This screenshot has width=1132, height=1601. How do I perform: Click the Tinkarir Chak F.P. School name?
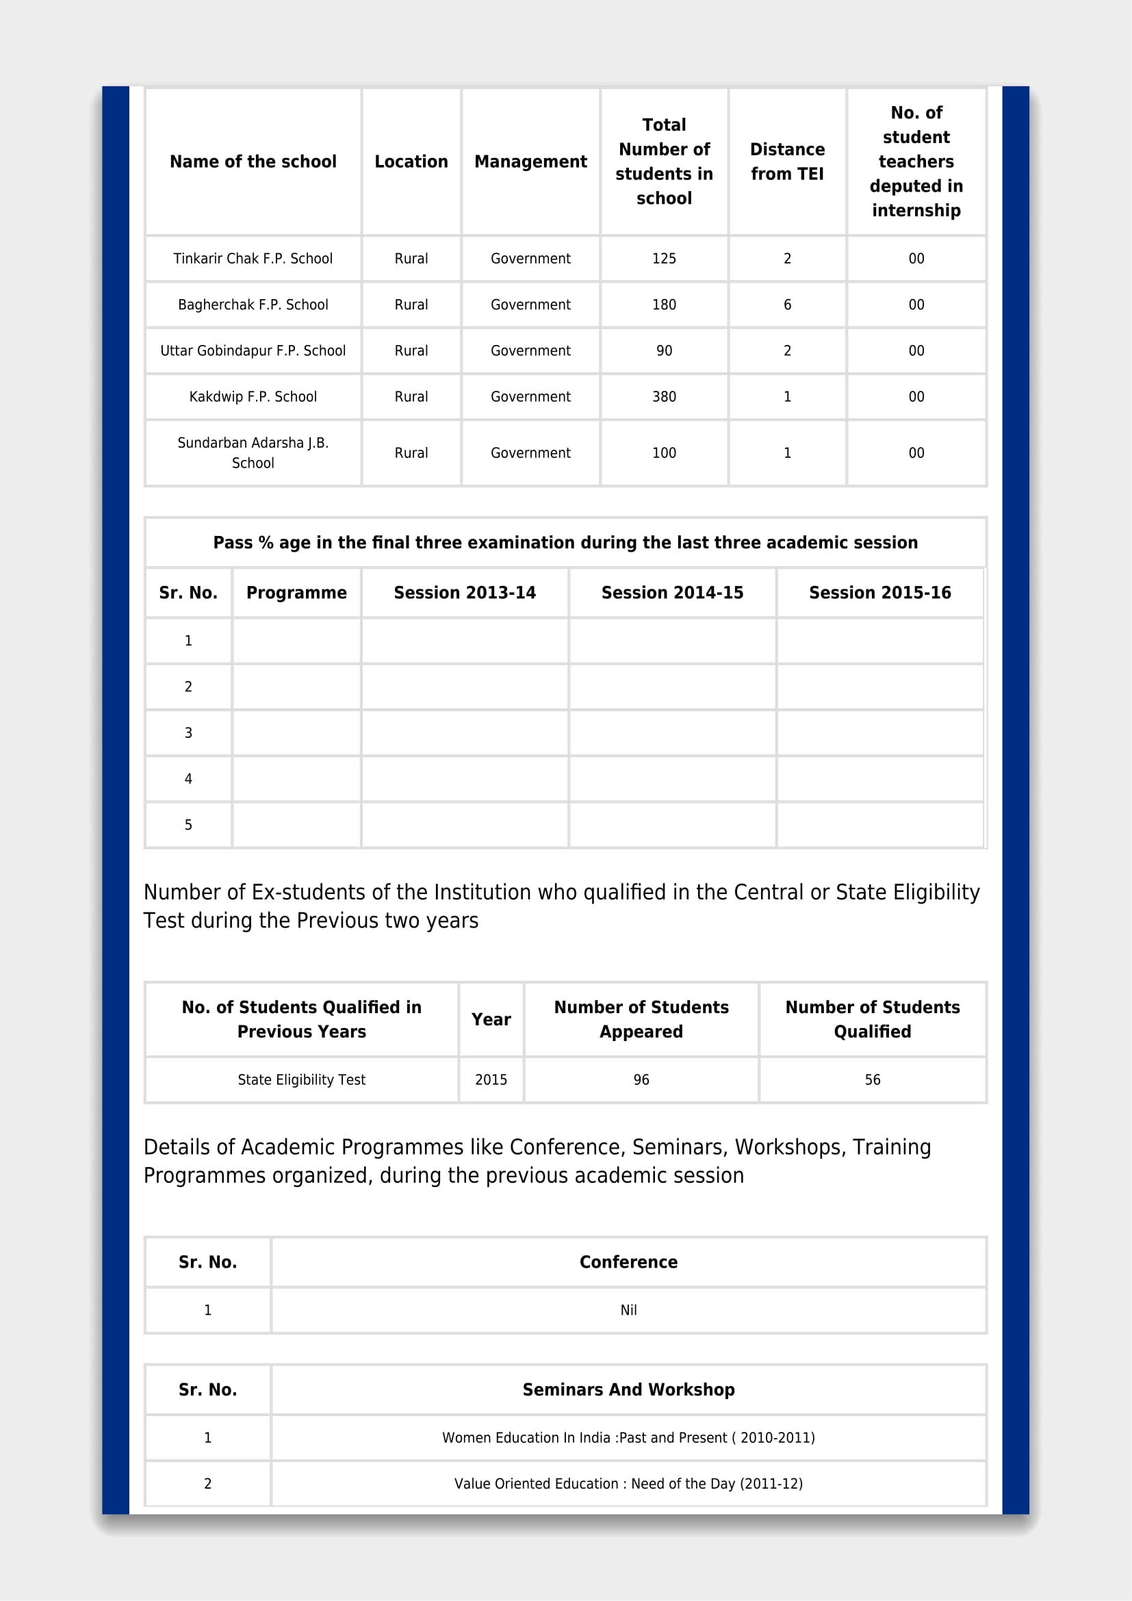coord(253,259)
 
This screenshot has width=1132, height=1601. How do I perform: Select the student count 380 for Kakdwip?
coord(664,397)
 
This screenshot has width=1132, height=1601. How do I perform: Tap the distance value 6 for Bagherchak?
coord(787,305)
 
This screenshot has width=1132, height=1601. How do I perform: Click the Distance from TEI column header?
coord(787,162)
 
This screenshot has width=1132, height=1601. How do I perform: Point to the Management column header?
coord(530,162)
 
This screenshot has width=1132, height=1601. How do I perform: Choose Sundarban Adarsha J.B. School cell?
coord(253,452)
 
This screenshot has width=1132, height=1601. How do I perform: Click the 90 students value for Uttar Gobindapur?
coord(664,350)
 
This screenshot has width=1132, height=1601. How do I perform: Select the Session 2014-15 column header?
coord(672,593)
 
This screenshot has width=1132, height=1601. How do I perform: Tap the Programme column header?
coord(296,593)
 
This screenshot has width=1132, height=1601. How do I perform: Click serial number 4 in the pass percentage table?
coord(188,779)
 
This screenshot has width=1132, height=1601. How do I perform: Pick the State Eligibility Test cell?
coord(301,1079)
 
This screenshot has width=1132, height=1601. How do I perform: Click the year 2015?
coord(491,1079)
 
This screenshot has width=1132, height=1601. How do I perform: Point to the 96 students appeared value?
coord(641,1079)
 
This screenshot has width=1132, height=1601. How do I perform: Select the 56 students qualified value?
coord(872,1079)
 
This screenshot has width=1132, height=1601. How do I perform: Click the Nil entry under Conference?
coord(628,1309)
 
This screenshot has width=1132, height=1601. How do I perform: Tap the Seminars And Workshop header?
coord(628,1389)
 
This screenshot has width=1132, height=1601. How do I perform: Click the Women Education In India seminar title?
coord(628,1437)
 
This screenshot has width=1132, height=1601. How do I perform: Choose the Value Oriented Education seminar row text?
coord(628,1483)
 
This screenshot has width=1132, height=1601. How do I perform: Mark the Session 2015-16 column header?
coord(879,593)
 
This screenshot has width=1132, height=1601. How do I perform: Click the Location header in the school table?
coord(411,162)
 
